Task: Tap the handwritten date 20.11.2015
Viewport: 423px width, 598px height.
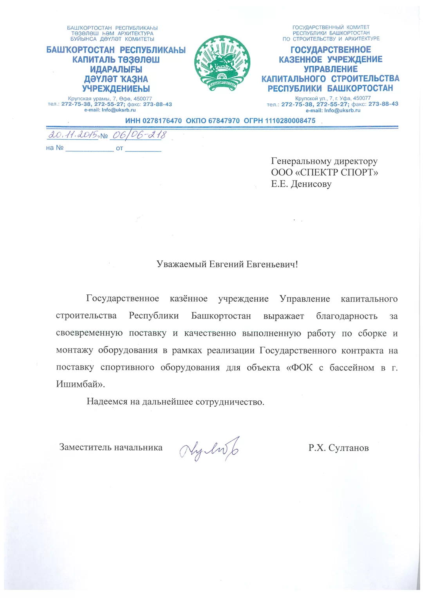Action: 73,135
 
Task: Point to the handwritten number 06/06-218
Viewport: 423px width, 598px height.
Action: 139,135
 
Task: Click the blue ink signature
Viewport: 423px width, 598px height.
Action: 209,449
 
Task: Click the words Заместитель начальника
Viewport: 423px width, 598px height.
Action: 111,447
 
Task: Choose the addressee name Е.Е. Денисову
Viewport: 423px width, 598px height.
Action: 301,184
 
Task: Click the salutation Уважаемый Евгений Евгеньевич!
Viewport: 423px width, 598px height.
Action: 227,264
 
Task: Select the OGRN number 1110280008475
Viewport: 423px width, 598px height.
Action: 290,121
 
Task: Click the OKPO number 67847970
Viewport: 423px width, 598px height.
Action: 224,121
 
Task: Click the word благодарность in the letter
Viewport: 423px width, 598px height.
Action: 347,316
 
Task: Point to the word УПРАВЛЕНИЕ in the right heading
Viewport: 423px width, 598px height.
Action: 331,69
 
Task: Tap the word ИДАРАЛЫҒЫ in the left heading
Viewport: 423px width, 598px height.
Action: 116,69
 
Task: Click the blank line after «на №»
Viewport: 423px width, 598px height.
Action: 89,148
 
